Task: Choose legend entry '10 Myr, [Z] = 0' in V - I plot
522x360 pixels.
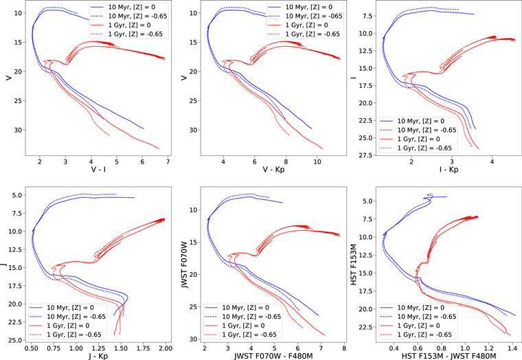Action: point(130,6)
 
